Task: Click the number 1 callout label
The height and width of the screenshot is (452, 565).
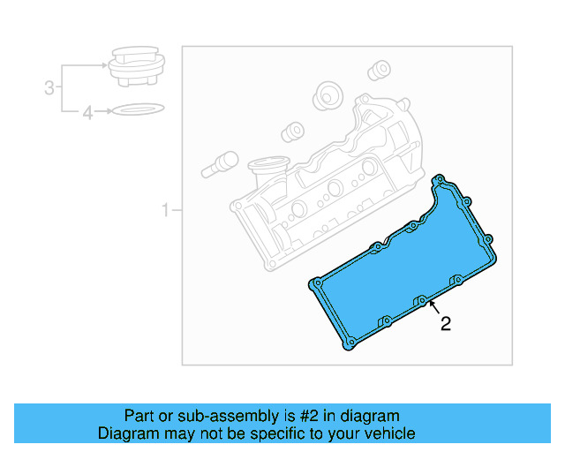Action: click(164, 210)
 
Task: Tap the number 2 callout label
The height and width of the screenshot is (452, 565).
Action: click(446, 324)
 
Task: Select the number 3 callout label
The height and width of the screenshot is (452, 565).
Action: click(49, 87)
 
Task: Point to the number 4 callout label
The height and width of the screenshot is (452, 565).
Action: click(87, 112)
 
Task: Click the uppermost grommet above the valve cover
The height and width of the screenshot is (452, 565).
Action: click(380, 70)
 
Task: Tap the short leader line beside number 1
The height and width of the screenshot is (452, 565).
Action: click(176, 210)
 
